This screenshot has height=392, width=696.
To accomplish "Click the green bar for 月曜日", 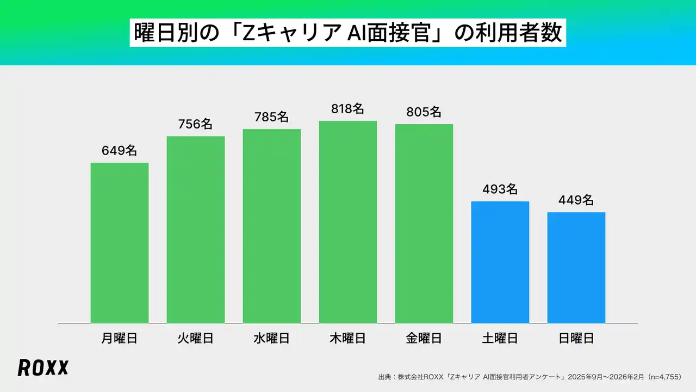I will [x=120, y=243].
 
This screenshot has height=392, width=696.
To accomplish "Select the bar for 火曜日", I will [x=196, y=230].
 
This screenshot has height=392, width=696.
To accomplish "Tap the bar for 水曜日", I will [x=272, y=226].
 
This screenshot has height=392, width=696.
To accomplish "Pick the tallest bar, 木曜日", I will [x=348, y=222].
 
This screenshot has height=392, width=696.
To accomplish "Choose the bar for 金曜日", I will [x=424, y=224].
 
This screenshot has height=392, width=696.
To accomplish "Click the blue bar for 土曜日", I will [x=500, y=262].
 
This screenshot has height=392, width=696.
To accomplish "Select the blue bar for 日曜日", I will [x=576, y=268].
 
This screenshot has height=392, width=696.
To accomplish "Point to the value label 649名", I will [x=120, y=151].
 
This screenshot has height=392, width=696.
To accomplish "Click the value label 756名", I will [x=196, y=124].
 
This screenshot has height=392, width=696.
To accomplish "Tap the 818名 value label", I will [x=348, y=109].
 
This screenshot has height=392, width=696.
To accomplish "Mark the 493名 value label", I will [x=500, y=189].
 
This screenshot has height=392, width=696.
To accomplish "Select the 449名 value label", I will [x=576, y=200].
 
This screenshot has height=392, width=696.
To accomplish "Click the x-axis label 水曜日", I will [x=272, y=339].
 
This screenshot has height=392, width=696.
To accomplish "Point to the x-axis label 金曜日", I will [x=424, y=339].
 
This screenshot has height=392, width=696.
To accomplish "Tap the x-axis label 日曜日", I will [x=576, y=339].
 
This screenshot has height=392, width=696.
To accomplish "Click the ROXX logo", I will [x=43, y=368].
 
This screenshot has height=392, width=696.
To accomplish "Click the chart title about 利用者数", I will [x=348, y=33].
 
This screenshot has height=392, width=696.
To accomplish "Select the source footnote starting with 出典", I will [x=530, y=377].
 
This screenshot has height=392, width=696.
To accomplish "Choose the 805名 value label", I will [x=424, y=112].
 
